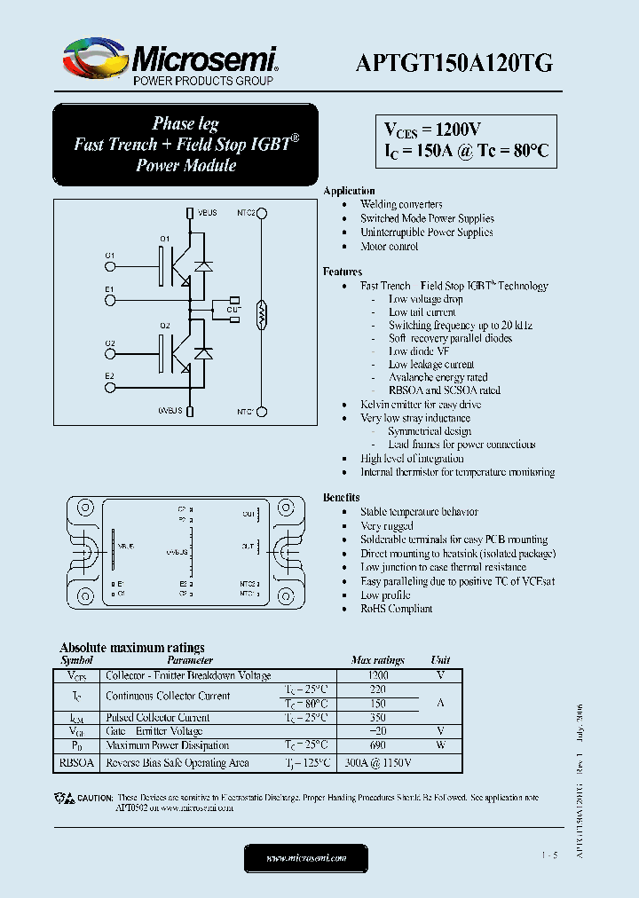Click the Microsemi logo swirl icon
point(93,60)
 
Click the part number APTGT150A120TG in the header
point(454,62)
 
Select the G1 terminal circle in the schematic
point(110,264)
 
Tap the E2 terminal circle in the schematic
point(110,385)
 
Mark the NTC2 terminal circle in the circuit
point(263,213)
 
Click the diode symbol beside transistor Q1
point(204,264)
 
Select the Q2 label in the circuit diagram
point(165,327)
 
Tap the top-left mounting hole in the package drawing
point(85,509)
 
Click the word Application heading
point(349,191)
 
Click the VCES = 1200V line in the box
point(433,130)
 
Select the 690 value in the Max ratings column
point(378,745)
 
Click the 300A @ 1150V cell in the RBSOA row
point(378,763)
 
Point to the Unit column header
point(440,660)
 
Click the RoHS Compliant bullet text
point(396,609)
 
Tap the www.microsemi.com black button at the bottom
point(305,857)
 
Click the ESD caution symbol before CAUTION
point(68,798)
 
